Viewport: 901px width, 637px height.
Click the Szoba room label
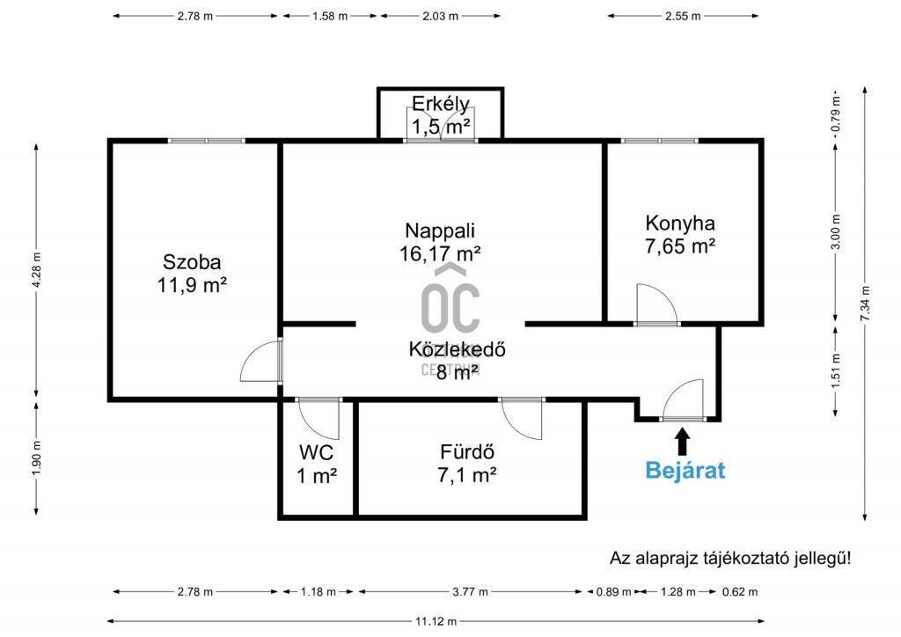(x=192, y=262)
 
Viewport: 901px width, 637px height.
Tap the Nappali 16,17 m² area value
(x=440, y=253)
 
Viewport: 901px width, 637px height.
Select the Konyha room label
(x=680, y=223)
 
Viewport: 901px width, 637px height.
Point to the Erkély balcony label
(x=441, y=104)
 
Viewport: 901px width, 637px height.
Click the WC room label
(x=316, y=452)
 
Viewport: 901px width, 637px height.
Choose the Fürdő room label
(x=467, y=452)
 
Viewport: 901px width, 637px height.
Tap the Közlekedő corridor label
(x=458, y=349)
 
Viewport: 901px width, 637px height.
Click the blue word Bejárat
(x=685, y=471)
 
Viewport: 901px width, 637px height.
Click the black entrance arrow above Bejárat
(x=683, y=442)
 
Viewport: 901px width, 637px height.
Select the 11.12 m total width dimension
(x=436, y=621)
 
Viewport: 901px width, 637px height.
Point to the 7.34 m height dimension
(x=866, y=304)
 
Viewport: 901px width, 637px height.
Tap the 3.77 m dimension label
(x=471, y=591)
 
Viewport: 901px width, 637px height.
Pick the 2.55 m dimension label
(x=683, y=16)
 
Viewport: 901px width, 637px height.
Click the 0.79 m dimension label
(x=836, y=113)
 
